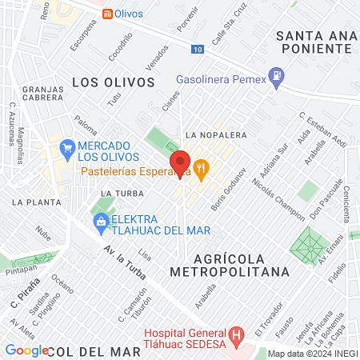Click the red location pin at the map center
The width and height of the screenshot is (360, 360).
click(x=180, y=163)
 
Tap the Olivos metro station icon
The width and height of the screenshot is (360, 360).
click(x=107, y=14)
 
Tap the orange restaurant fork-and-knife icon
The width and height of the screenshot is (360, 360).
click(x=200, y=169)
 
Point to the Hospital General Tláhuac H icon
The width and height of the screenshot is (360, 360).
click(x=235, y=334)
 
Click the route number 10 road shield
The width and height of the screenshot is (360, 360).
click(x=198, y=50)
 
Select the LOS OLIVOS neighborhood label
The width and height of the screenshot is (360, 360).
click(x=113, y=82)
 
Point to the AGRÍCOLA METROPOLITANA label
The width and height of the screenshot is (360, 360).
click(x=241, y=265)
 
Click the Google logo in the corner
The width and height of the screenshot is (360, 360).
click(x=26, y=350)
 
